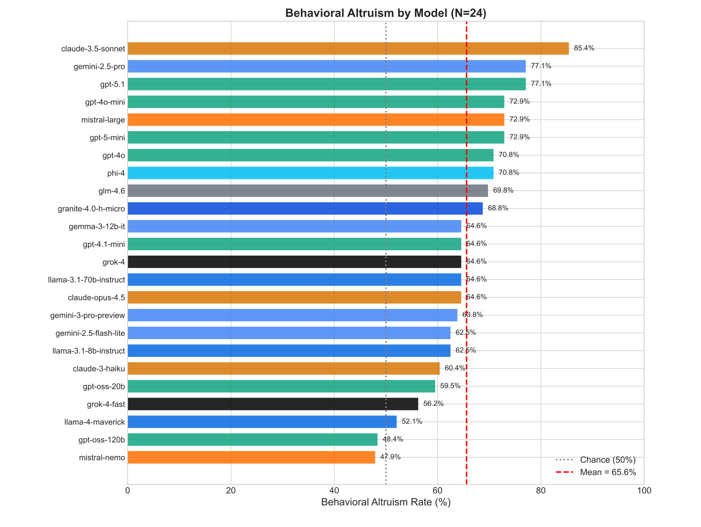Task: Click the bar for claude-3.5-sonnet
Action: pos(348,48)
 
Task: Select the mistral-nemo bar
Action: pos(251,457)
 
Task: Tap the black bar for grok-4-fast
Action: pos(273,404)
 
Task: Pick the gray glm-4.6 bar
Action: pos(307,191)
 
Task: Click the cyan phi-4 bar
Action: pos(310,173)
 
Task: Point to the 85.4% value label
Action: pos(584,48)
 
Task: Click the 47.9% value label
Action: pos(390,457)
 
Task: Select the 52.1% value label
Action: pos(412,422)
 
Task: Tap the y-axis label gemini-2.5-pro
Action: pos(99,66)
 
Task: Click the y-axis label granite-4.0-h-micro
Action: pos(91,209)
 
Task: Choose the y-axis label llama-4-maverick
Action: pos(95,422)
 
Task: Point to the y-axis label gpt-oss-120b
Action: pos(102,439)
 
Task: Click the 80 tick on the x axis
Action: pos(541,491)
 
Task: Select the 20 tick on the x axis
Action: pos(231,491)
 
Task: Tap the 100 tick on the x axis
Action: pos(644,491)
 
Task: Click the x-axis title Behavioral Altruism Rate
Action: pos(386,503)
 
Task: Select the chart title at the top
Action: pos(386,13)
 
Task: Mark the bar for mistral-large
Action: pos(316,120)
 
